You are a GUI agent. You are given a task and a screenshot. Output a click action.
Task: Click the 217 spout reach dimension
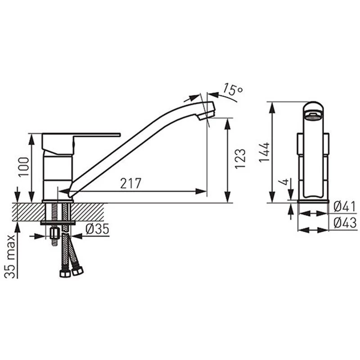click(130, 183)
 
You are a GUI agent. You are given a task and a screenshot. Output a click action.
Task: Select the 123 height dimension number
click(240, 159)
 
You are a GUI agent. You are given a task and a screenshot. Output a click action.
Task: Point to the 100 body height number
click(24, 166)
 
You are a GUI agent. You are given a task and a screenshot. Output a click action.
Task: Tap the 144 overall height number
click(264, 152)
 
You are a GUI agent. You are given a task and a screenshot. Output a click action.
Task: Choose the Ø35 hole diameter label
click(97, 229)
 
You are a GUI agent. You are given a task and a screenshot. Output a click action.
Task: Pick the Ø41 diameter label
click(345, 207)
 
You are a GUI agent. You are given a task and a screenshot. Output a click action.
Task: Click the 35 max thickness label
click(10, 256)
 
